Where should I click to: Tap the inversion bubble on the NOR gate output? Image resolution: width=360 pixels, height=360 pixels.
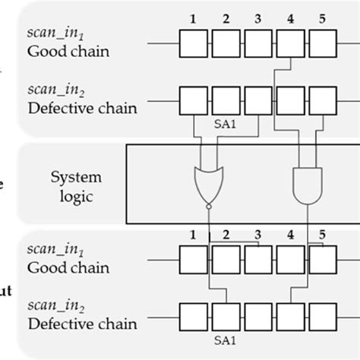pos(208,206)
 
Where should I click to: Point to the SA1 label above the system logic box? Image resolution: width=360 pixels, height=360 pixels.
pos(224,120)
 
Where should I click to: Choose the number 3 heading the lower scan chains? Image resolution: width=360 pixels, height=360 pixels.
pos(257,234)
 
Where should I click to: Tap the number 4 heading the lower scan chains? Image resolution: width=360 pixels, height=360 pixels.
pos(290,234)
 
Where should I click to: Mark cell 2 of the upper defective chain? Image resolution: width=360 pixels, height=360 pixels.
pos(225,99)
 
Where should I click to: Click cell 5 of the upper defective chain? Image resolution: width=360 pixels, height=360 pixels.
pos(324,99)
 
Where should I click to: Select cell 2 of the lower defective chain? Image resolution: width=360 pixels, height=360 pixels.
pos(225,315)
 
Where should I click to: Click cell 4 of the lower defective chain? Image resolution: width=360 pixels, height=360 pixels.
pos(290,315)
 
